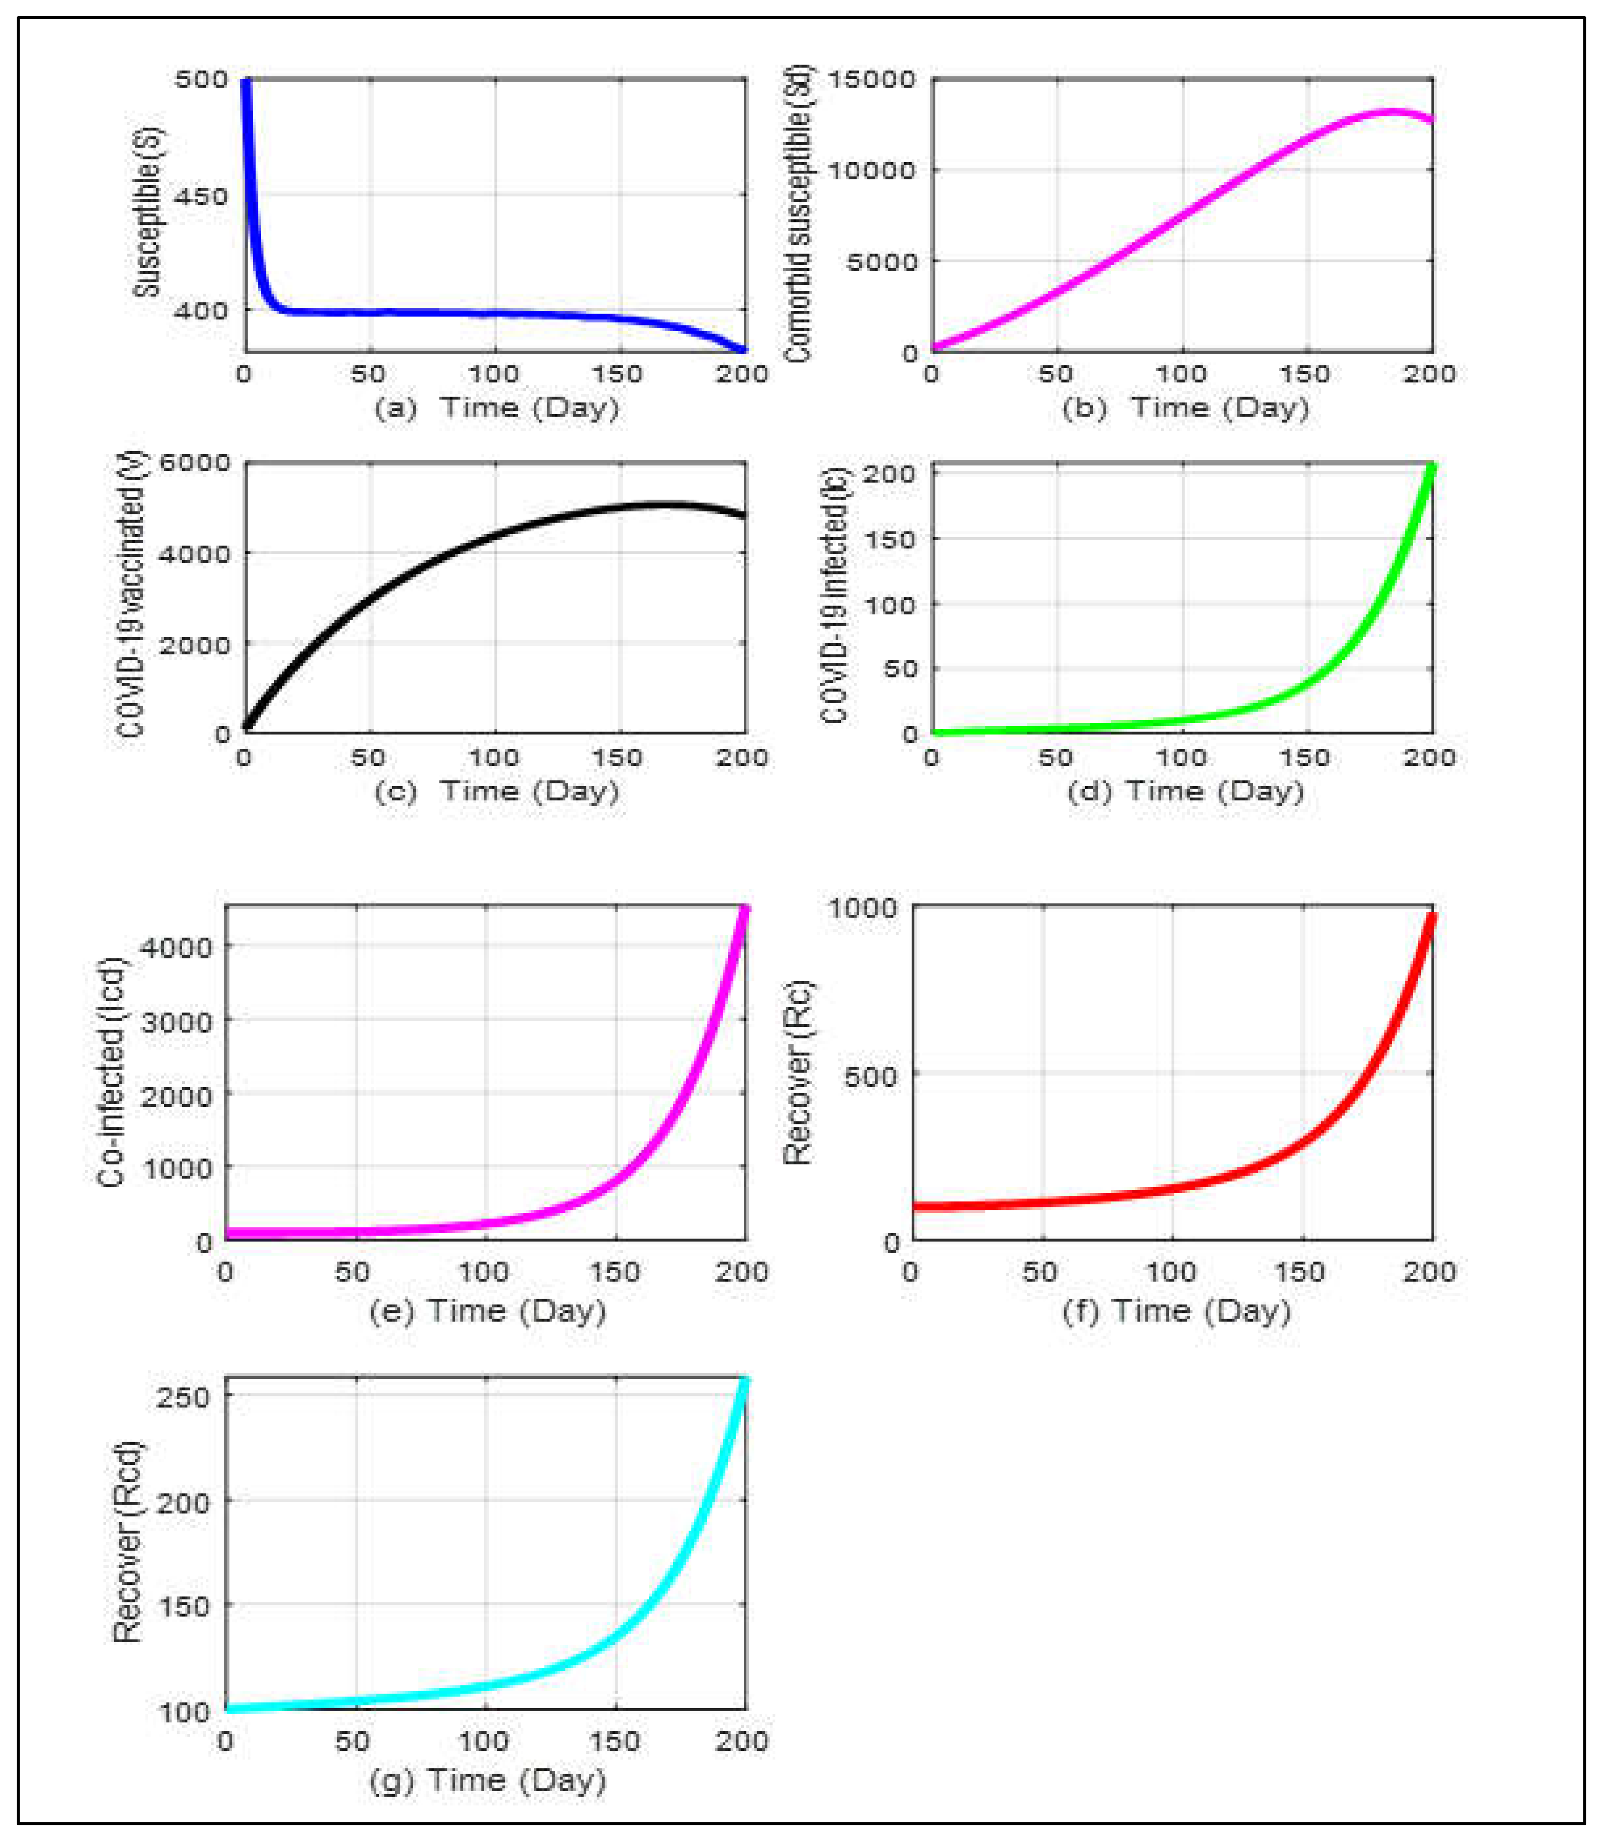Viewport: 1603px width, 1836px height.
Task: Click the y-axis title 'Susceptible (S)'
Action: (148, 212)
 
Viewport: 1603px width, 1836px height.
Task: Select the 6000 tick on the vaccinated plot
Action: (194, 462)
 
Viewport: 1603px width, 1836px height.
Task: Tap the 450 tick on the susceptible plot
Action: (201, 196)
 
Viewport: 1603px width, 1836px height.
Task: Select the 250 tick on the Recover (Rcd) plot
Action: (183, 1397)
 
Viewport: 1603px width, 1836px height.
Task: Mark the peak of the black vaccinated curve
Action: (666, 505)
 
